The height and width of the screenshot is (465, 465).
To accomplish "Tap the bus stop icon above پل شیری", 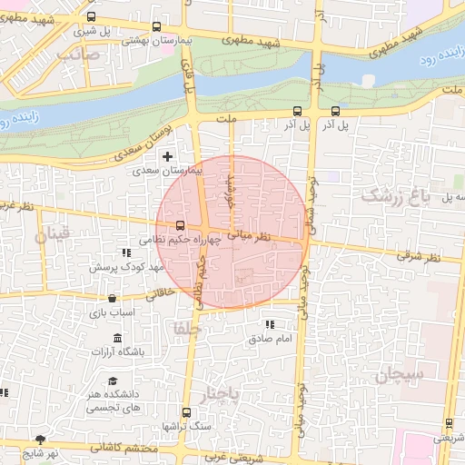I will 90,16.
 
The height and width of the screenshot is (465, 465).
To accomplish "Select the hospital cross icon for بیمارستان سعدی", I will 167,156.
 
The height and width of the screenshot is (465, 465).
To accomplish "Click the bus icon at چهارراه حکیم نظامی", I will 180,225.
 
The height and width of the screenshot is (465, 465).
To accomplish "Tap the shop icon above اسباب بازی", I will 112,298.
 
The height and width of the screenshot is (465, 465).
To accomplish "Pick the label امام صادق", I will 269,339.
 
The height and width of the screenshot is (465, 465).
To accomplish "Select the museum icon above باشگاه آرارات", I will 117,338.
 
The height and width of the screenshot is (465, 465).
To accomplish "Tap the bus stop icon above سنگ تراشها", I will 186,412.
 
